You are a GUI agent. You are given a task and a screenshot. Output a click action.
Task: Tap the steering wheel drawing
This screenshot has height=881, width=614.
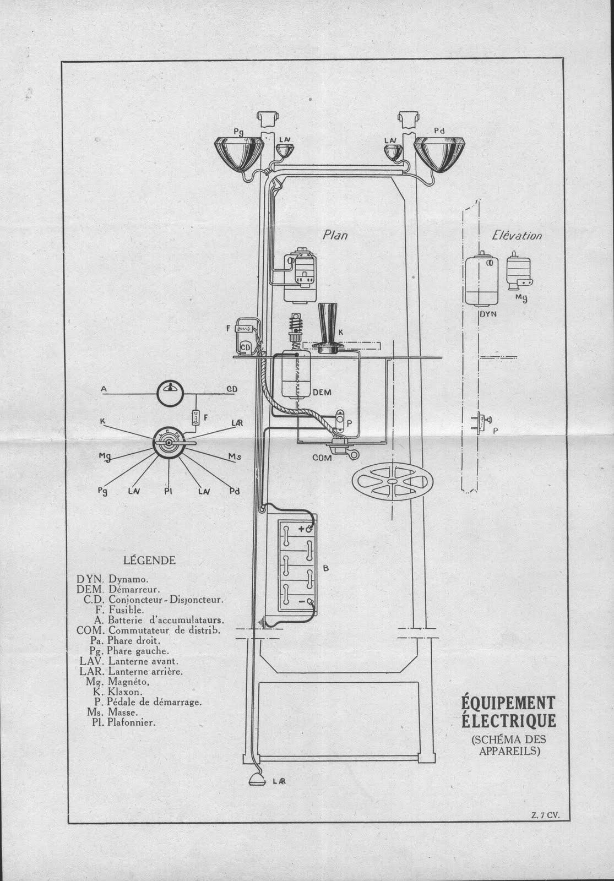[391, 480]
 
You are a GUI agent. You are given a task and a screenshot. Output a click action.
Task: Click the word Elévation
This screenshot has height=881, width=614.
[517, 236]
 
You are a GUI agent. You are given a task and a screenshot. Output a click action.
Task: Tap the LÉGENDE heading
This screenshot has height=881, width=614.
[149, 561]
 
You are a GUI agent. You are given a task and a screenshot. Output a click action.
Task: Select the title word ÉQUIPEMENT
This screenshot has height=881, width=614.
[508, 703]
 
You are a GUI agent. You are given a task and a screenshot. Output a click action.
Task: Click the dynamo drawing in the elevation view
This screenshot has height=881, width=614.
[481, 281]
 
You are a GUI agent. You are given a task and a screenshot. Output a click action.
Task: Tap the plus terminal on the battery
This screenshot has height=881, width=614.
[302, 529]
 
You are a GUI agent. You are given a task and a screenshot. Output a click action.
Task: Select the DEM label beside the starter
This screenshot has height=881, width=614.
[322, 393]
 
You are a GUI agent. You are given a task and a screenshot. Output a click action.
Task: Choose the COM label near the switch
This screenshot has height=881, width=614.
[322, 458]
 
